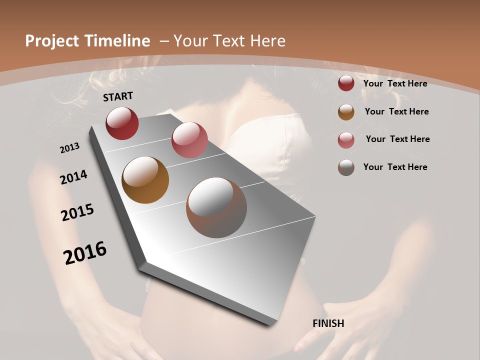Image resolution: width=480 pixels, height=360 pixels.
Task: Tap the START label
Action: point(118,96)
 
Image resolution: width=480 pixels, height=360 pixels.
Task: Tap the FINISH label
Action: point(328,323)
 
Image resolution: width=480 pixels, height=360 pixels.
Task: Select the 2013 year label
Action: point(70,148)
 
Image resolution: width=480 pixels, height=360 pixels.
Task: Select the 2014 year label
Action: point(74,177)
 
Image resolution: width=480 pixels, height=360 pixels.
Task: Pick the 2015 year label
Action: point(77,212)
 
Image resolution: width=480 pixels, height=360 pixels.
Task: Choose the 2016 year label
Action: point(85,253)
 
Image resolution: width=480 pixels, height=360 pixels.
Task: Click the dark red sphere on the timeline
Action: point(122,123)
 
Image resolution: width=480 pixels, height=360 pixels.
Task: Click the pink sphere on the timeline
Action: point(189,140)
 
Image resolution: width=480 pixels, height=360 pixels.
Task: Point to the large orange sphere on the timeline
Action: point(145,180)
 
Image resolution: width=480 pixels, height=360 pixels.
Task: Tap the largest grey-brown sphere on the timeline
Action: point(216,207)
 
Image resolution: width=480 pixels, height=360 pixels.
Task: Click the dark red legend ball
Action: point(346,83)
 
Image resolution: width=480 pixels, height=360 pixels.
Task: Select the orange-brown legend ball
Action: point(346,112)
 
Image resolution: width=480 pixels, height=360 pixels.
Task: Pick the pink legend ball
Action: point(346,140)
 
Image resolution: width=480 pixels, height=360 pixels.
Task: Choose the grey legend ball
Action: point(346,167)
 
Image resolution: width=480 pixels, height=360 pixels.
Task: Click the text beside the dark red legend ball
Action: point(395,83)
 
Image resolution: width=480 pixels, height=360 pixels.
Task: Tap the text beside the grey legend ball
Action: point(395,167)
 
